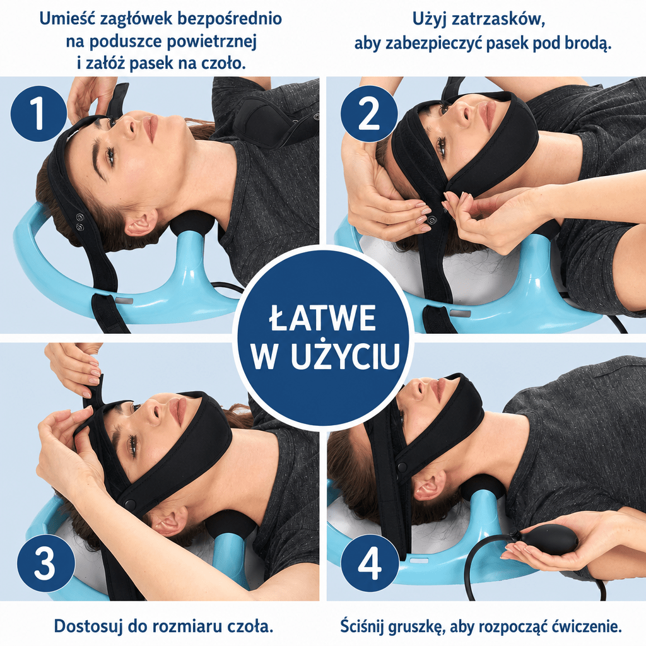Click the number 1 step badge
click(x=38, y=114)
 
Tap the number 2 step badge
click(x=369, y=114)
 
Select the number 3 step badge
click(x=46, y=563)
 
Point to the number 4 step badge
click(x=370, y=563)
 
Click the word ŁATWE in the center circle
click(x=322, y=318)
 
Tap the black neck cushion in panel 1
click(x=193, y=223)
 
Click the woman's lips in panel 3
click(x=176, y=412)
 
